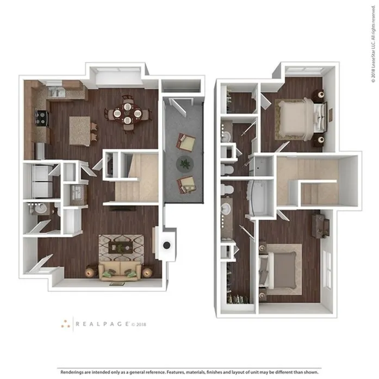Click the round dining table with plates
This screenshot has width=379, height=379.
[127, 113]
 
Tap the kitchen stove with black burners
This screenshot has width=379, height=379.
[42, 118]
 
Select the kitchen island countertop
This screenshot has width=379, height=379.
[80, 131]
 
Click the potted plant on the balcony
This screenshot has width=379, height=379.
[185, 164]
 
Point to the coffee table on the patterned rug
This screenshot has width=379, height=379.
[121, 247]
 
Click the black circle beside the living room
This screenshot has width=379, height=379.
[167, 245]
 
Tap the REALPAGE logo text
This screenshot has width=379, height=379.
[102, 324]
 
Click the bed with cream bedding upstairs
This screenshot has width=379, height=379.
[301, 119]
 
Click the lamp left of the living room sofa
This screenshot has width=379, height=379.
[91, 272]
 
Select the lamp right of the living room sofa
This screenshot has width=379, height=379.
[147, 272]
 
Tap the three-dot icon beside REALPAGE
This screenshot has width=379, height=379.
[65, 324]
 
